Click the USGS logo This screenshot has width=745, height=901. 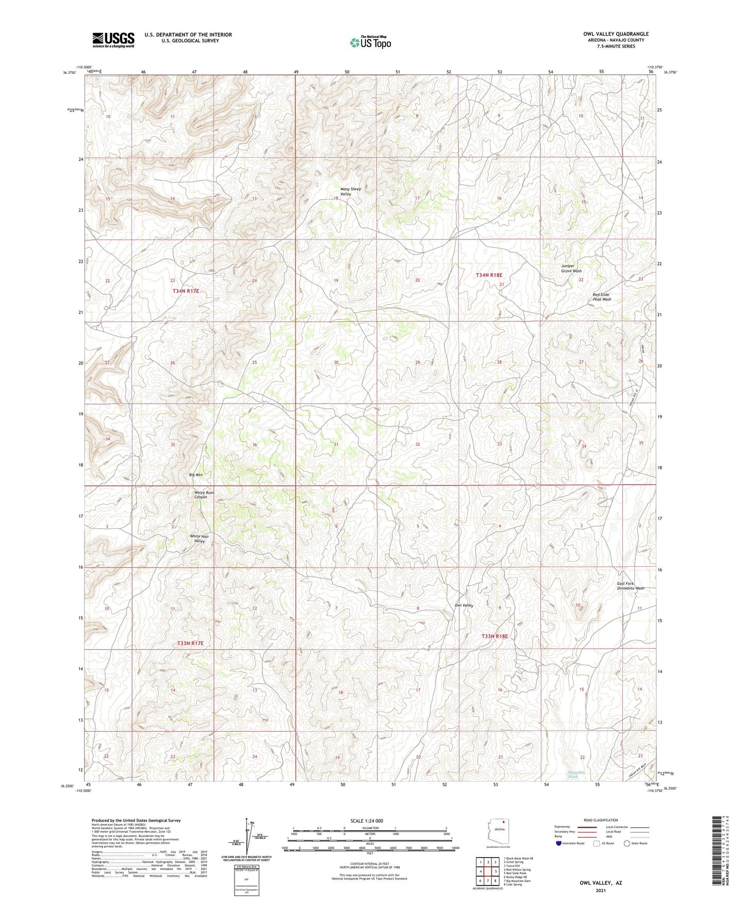pos(113,40)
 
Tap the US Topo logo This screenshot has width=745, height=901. pos(370,42)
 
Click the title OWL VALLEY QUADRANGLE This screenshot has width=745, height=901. pos(616,34)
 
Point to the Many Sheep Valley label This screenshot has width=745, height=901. pos(350,191)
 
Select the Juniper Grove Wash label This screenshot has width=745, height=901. pos(571,268)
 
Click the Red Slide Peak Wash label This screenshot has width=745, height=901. pos(602,297)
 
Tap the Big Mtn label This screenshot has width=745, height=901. pos(196,474)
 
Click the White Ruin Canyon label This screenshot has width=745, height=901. pos(204,494)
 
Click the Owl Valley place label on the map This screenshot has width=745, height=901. pos(463,605)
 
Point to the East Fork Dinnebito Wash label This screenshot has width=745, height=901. pos(631,586)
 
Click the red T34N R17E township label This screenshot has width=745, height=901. pos(186,291)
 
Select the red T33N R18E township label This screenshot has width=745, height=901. pos(494,636)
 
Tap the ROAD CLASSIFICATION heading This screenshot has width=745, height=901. pos(601,820)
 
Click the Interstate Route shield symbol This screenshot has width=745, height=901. pos(559,844)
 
